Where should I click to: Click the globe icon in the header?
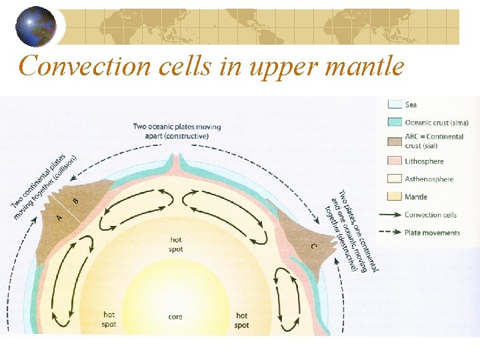click(36, 25)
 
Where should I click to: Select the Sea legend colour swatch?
click(394, 105)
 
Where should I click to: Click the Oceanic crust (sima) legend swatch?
click(394, 122)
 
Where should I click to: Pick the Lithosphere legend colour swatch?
click(394, 161)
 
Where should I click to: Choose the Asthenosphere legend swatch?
click(394, 179)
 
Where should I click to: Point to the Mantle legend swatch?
click(394, 197)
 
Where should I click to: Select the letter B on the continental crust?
click(75, 200)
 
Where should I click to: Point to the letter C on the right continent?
click(313, 246)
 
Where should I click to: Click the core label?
click(175, 317)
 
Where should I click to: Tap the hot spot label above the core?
click(175, 244)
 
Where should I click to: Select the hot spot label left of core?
click(109, 319)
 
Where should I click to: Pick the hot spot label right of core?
click(242, 320)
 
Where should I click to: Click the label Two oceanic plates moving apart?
click(176, 131)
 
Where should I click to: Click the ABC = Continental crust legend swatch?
click(394, 141)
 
